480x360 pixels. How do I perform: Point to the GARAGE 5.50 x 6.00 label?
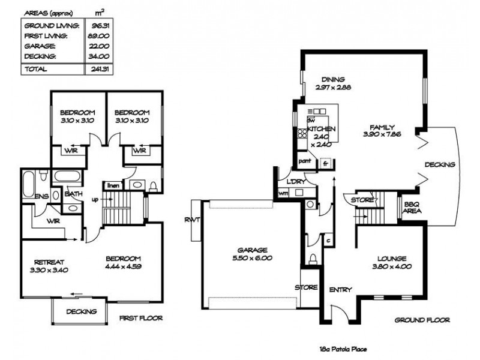tap(251, 254)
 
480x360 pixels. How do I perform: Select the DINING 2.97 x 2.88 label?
tap(332, 83)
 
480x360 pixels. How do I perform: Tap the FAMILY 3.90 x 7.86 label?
tap(382, 130)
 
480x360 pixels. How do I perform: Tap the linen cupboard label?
tap(113, 185)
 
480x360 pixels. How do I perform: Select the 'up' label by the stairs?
tap(95, 199)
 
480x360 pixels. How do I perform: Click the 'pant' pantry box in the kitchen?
tap(305, 161)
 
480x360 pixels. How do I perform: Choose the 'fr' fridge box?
tap(325, 163)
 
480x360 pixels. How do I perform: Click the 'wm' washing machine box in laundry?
tap(283, 193)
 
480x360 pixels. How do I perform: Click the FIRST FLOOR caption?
tap(140, 318)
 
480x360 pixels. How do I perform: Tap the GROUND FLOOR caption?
tap(422, 320)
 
